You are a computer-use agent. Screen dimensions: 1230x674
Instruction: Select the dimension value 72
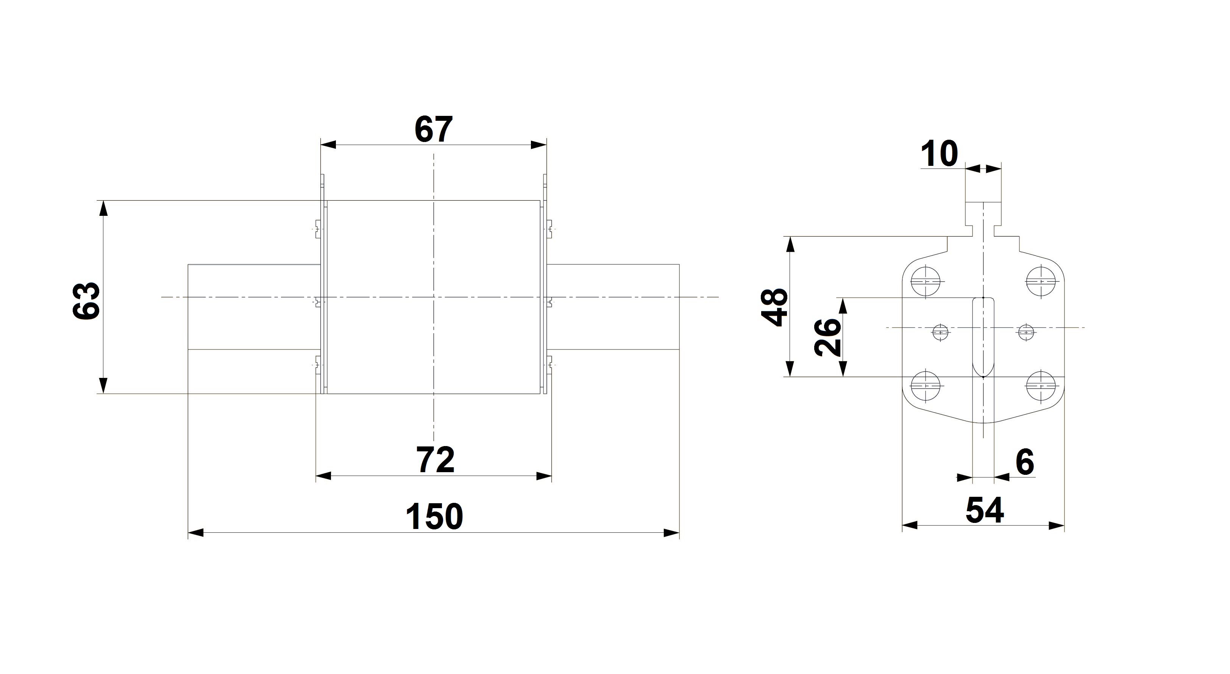pyautogui.click(x=435, y=460)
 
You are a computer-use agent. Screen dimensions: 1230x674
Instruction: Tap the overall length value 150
pyautogui.click(x=434, y=516)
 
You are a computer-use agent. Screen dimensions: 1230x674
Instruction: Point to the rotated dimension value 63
pyautogui.click(x=86, y=300)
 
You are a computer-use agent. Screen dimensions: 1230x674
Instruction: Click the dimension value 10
pyautogui.click(x=939, y=154)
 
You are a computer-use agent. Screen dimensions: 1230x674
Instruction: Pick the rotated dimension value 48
pyautogui.click(x=774, y=307)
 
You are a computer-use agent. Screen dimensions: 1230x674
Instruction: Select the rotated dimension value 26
pyautogui.click(x=827, y=337)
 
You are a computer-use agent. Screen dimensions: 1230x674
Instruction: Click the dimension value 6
pyautogui.click(x=1025, y=462)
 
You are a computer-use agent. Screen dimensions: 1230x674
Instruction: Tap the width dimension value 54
pyautogui.click(x=985, y=510)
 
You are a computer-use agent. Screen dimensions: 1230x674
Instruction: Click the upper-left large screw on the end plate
pyautogui.click(x=926, y=282)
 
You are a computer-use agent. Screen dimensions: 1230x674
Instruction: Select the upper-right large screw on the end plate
pyautogui.click(x=1040, y=282)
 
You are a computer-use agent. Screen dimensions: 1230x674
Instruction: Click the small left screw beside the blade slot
pyautogui.click(x=940, y=332)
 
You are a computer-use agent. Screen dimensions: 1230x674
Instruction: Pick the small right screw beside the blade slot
pyautogui.click(x=1025, y=332)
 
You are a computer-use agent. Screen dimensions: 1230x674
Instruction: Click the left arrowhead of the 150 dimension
pyautogui.click(x=196, y=533)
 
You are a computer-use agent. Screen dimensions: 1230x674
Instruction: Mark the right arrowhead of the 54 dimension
pyautogui.click(x=1057, y=526)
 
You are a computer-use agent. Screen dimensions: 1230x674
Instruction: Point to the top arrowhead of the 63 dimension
pyautogui.click(x=103, y=209)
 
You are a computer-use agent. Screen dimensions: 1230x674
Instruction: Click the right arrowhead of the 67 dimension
pyautogui.click(x=539, y=145)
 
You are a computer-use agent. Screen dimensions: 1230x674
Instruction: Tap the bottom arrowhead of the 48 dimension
pyautogui.click(x=791, y=369)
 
